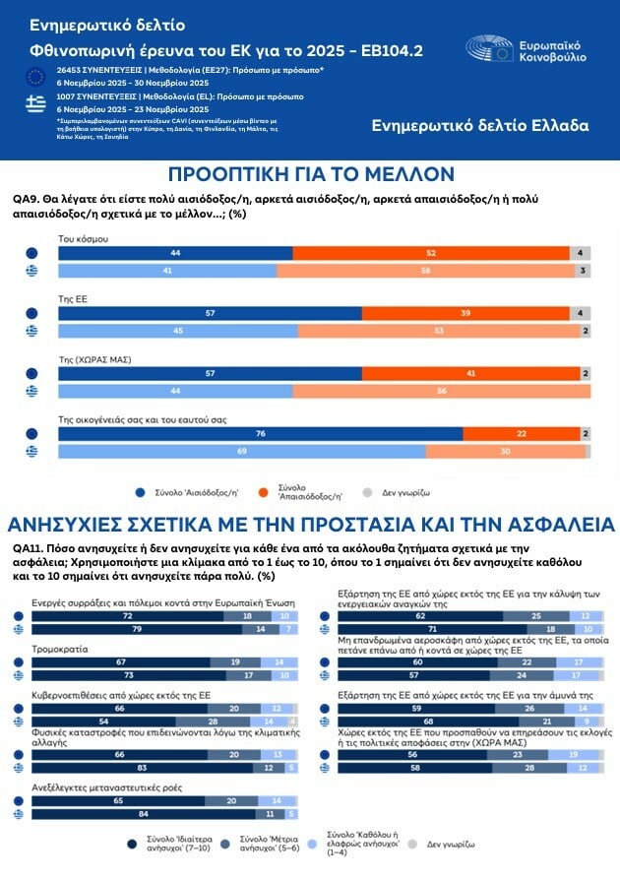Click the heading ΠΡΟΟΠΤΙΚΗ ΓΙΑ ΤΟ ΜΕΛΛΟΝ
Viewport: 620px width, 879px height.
pos(310,174)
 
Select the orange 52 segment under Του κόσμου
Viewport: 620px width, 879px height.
pos(431,253)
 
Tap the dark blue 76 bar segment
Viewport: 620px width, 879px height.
pos(260,434)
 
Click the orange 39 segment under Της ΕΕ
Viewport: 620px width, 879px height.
pos(465,313)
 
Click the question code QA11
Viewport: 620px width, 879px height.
pos(28,548)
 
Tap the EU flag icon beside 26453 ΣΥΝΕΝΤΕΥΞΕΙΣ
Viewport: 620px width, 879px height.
pos(36,76)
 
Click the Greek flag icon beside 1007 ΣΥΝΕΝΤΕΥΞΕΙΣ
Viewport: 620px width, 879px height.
pos(36,101)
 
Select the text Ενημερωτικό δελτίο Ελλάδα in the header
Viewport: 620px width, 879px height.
pos(480,125)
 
